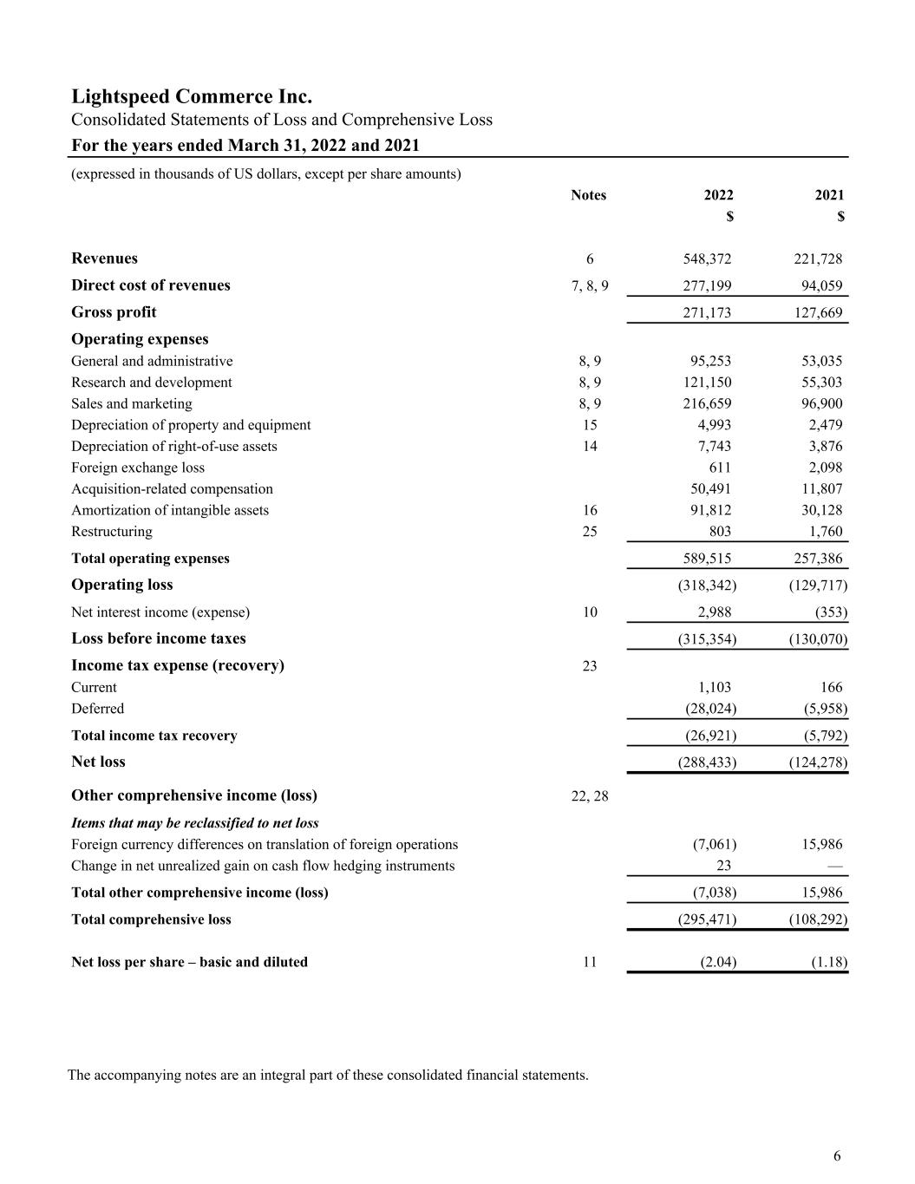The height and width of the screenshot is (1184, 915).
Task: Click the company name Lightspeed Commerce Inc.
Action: (192, 96)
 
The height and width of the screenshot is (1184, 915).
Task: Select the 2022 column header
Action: (718, 195)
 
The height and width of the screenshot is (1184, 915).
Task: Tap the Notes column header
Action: (588, 195)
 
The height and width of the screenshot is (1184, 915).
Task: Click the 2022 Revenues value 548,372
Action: (707, 258)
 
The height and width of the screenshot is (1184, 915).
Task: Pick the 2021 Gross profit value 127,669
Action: (818, 312)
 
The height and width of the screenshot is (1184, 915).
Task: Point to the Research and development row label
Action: (152, 383)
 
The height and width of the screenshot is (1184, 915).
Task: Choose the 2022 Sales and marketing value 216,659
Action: (707, 403)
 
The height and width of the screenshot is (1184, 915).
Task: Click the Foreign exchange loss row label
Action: (138, 468)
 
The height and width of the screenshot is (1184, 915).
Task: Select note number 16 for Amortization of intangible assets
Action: (589, 510)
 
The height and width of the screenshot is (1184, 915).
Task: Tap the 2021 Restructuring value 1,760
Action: (824, 532)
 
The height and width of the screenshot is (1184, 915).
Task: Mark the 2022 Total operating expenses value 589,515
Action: (707, 559)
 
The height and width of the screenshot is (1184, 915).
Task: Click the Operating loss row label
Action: (122, 585)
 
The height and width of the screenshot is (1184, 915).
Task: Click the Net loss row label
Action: (98, 762)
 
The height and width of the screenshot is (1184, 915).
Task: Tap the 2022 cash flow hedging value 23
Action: (723, 866)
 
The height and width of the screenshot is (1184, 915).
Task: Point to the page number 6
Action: (837, 1155)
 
